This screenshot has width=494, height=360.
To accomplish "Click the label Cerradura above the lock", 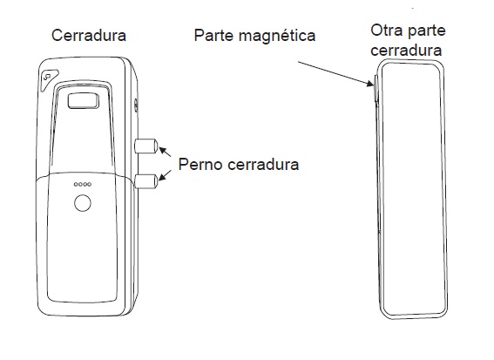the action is (89, 36).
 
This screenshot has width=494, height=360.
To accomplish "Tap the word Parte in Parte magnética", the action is (213, 35).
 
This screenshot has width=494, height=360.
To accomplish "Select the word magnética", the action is (277, 36).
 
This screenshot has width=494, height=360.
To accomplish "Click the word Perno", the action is (200, 164).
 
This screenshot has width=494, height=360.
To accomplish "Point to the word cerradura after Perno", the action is (263, 165).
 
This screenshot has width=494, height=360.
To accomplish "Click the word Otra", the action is (387, 31).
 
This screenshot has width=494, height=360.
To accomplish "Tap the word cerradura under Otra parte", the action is (406, 51).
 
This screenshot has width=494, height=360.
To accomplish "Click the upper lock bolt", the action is (145, 146).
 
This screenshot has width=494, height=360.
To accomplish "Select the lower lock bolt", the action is (145, 181).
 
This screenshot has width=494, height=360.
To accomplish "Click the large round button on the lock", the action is (83, 203).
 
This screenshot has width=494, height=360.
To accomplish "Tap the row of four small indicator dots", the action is (83, 184).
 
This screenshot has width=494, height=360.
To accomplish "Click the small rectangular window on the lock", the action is (83, 101).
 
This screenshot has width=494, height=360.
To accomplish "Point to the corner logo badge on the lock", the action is (49, 78).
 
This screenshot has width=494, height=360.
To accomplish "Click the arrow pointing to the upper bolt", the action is (165, 152).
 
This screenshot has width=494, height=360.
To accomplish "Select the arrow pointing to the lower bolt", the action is (165, 175).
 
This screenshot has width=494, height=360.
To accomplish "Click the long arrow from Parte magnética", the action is (335, 74).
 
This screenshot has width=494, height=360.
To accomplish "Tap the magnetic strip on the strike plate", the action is (376, 89).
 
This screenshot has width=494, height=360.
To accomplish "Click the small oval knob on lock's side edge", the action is (136, 105).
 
